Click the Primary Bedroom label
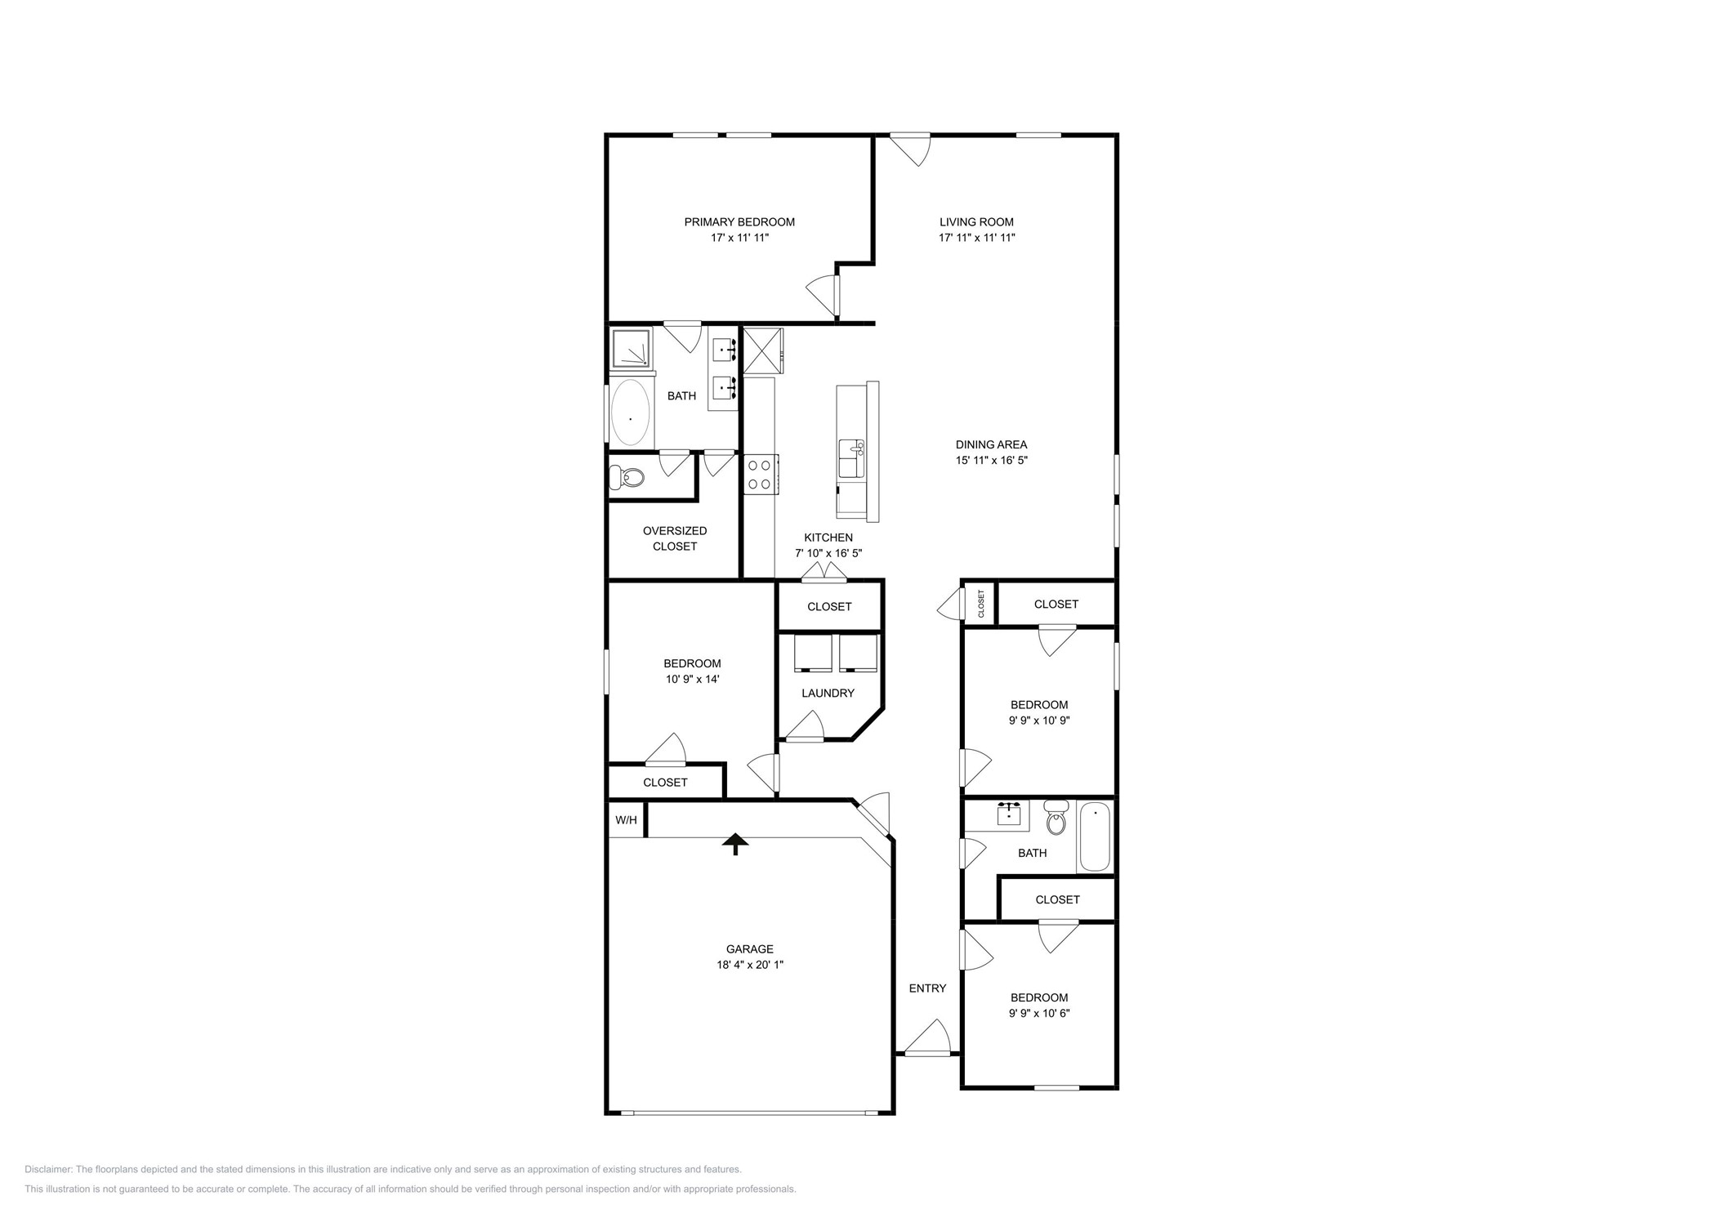(x=739, y=222)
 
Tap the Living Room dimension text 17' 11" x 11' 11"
(x=976, y=238)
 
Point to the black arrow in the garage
(x=735, y=844)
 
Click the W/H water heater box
(x=626, y=820)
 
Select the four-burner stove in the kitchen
(x=760, y=475)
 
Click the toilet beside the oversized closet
(x=626, y=477)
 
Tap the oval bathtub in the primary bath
(x=630, y=413)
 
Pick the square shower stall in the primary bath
(x=632, y=348)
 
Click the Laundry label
(x=828, y=694)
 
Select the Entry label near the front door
(x=927, y=988)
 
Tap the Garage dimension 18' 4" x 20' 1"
(x=749, y=965)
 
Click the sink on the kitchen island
(x=852, y=456)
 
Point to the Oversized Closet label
(x=674, y=538)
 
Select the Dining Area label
(x=991, y=445)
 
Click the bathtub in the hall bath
(x=1094, y=837)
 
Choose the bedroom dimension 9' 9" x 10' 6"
(x=1038, y=1013)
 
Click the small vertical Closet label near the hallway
(x=981, y=604)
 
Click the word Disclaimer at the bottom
(x=48, y=1170)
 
